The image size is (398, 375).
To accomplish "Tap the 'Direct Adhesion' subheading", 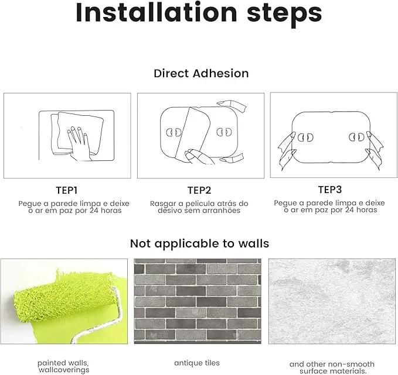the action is pos(201,74).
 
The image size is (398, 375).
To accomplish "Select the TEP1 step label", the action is pos(66,190).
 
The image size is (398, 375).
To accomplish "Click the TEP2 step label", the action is pos(199,190).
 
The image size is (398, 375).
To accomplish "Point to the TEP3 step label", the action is pos(330,190).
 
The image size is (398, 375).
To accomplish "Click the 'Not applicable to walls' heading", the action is pos(199,243).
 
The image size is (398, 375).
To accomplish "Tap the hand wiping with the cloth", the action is pos(79,143).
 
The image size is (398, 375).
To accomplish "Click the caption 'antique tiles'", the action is pos(197,363).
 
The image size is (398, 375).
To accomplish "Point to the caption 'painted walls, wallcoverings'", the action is pos(63,366).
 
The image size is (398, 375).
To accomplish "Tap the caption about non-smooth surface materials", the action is pos(332,368).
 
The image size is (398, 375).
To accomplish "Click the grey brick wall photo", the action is pos(198,301).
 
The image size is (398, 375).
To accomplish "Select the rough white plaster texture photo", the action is pos(332,301).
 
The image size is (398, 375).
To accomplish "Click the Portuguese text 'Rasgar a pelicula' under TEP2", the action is pos(184,204).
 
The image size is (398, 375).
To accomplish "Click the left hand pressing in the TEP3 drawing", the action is pos(287,151).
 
